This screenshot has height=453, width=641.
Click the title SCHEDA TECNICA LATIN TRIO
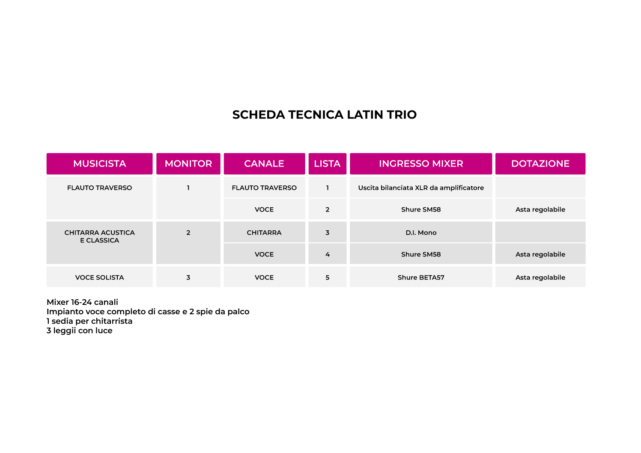(x=324, y=115)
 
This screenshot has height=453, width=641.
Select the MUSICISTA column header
(x=99, y=164)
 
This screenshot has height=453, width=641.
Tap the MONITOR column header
(x=188, y=164)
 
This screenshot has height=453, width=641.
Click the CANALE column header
(x=264, y=164)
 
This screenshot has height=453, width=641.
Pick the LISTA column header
(x=327, y=164)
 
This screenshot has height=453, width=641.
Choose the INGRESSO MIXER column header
(x=421, y=164)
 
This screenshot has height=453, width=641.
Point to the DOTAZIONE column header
(x=540, y=164)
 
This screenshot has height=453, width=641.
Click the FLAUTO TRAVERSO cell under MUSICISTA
(x=99, y=188)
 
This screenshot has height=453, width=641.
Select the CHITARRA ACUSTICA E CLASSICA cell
(x=99, y=236)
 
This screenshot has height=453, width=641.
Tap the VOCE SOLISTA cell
(x=99, y=277)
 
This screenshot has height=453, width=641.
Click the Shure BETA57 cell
(x=421, y=277)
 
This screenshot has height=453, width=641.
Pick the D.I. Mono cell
(x=421, y=233)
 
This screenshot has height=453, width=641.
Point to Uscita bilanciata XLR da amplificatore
(x=421, y=188)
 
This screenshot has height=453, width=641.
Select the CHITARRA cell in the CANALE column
(x=264, y=233)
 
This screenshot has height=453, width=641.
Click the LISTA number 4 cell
(x=327, y=254)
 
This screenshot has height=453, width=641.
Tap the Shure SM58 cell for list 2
(x=421, y=209)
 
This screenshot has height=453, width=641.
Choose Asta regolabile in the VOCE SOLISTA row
(x=540, y=277)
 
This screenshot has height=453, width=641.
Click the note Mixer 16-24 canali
(x=82, y=302)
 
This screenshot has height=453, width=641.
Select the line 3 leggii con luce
(x=79, y=331)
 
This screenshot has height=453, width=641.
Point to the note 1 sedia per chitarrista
(x=89, y=321)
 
